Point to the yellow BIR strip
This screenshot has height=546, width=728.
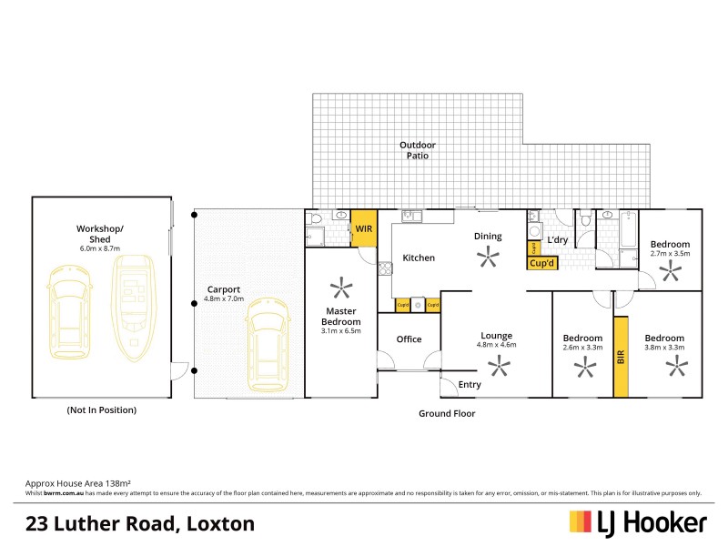[622, 356]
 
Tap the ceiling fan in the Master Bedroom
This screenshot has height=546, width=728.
[341, 289]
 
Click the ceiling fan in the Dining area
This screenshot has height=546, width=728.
[488, 258]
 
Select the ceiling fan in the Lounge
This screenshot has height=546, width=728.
[498, 367]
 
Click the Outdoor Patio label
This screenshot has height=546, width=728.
[418, 150]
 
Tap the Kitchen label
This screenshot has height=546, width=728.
[419, 258]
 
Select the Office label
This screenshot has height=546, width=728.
[409, 339]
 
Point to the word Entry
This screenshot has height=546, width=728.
[470, 385]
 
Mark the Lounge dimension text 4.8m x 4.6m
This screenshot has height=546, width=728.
[497, 345]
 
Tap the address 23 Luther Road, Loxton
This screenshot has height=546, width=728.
[139, 523]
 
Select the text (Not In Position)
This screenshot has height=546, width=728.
[101, 410]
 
